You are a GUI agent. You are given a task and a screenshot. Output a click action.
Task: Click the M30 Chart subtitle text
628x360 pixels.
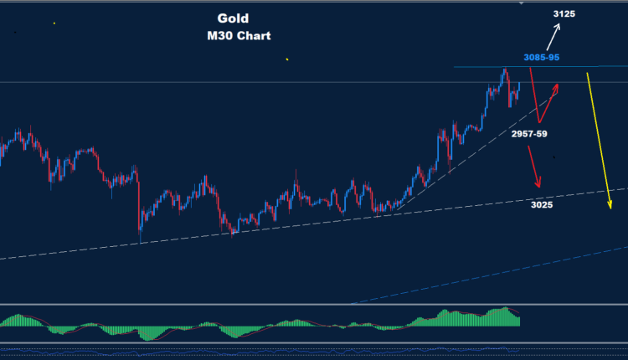click(241, 36)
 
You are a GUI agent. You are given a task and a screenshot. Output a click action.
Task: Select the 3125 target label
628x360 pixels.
click(565, 14)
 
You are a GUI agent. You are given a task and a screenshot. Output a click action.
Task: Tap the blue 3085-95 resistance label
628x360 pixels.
click(542, 57)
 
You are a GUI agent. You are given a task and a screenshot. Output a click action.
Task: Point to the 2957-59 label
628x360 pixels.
click(528, 133)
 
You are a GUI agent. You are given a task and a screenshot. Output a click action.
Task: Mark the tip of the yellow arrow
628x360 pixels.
click(609, 213)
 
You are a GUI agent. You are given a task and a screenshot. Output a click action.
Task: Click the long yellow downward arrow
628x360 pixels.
click(597, 142)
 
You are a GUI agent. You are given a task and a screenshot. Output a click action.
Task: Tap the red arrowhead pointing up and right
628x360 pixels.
click(556, 85)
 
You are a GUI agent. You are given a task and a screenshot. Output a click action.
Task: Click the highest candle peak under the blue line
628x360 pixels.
click(504, 69)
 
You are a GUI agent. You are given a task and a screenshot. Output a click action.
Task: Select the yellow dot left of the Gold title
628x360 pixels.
click(54, 23)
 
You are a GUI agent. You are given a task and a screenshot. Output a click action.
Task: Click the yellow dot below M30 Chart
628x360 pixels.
click(286, 59)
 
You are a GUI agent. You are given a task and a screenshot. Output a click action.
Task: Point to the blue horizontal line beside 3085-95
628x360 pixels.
click(486, 66)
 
